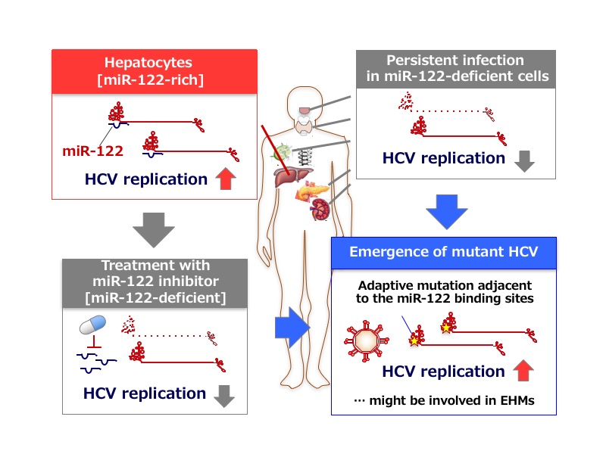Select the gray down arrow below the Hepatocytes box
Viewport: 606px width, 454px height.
tap(158, 229)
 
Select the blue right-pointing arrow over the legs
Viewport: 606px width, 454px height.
tap(292, 328)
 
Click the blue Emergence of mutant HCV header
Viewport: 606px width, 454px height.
tap(444, 251)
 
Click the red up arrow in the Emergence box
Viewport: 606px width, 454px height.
tap(524, 372)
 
